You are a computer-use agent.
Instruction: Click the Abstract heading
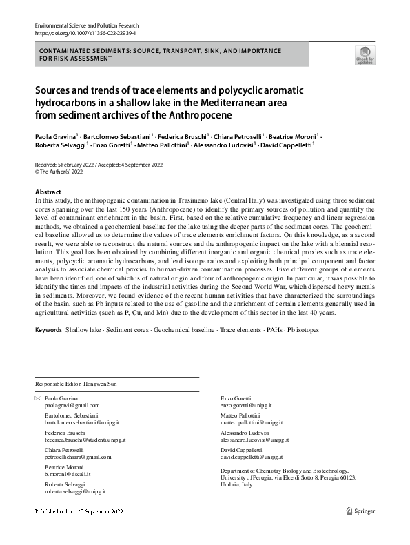[48, 192]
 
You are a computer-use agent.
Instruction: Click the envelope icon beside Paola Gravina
[37, 399]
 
